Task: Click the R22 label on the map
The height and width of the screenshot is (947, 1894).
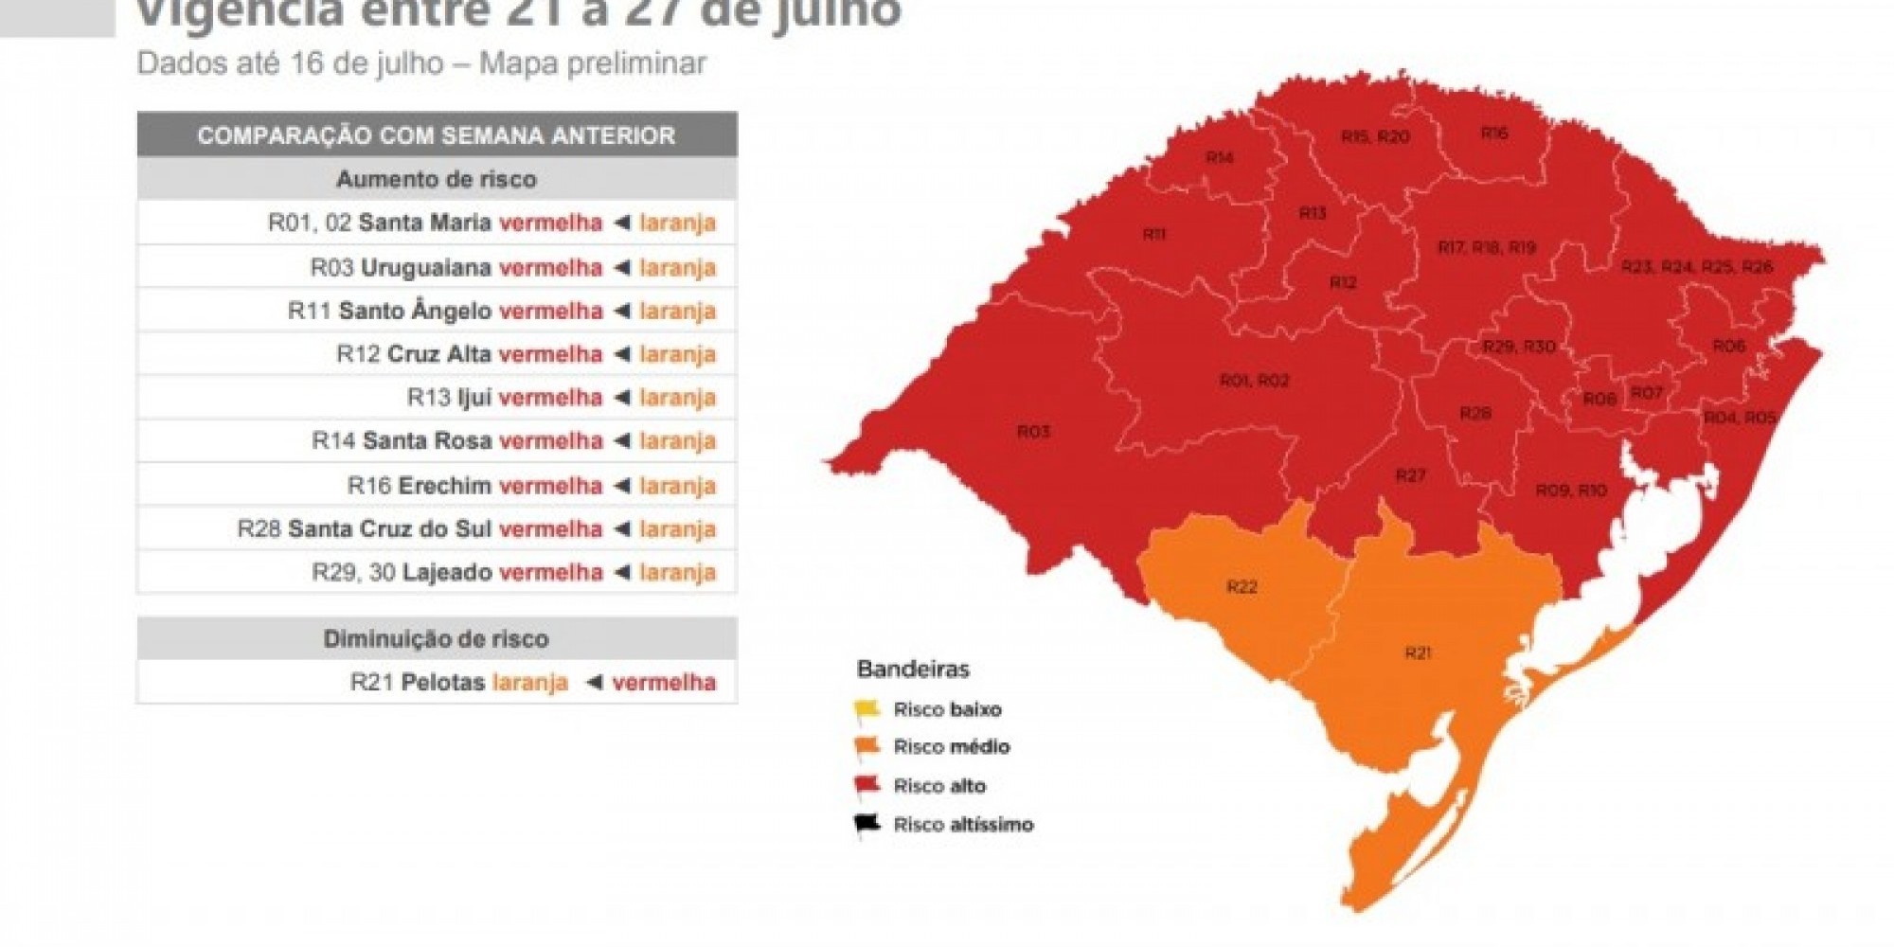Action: click(1242, 587)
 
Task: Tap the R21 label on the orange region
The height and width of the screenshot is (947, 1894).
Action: click(1418, 652)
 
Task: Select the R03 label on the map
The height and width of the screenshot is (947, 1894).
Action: click(1033, 432)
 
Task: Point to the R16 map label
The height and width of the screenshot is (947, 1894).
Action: click(1494, 134)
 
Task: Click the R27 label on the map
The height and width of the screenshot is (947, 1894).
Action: click(1410, 475)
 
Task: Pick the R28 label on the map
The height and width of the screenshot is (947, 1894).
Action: click(1475, 413)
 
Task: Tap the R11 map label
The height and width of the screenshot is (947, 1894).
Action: click(1153, 234)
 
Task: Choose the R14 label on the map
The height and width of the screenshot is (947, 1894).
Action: click(1220, 157)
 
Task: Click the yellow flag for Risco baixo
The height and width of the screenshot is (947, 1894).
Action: click(867, 709)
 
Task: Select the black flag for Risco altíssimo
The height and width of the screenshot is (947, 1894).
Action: click(867, 825)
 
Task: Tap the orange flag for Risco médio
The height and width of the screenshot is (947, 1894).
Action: click(867, 747)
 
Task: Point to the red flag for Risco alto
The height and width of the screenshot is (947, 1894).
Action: click(867, 786)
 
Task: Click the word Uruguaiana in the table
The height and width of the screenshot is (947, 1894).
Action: click(426, 268)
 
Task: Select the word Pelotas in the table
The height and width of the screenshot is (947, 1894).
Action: click(443, 682)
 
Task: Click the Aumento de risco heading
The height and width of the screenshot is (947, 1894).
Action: click(437, 179)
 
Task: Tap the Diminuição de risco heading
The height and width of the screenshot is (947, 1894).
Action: click(437, 639)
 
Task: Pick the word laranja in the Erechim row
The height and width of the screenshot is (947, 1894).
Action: click(677, 486)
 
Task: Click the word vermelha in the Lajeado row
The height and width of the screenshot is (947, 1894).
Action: click(550, 572)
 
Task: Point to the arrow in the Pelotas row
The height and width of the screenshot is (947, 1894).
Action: click(594, 682)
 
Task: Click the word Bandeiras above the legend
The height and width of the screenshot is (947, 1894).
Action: click(913, 670)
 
